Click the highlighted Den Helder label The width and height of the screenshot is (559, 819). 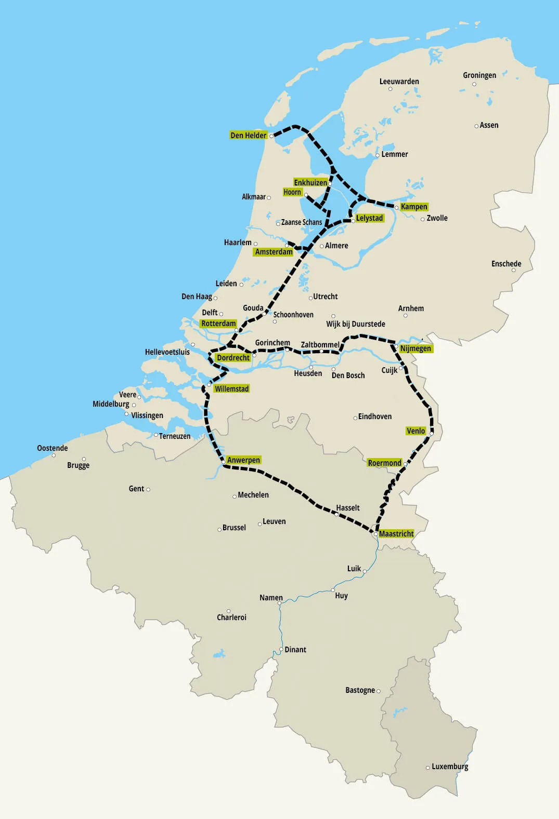248,136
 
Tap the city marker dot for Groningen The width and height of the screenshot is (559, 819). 474,84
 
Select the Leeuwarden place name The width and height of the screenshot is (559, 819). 399,82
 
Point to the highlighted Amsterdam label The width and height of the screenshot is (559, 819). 274,252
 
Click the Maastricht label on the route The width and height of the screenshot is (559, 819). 396,534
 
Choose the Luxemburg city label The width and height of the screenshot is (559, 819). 450,767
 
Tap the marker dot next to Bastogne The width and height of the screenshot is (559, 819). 378,691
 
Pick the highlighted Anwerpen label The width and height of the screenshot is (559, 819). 243,460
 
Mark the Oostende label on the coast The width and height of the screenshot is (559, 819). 52,448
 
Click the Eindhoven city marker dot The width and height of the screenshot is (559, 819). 355,418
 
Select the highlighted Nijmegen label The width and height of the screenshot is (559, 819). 415,348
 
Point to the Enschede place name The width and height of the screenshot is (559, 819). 506,264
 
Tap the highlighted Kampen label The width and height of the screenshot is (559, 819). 414,207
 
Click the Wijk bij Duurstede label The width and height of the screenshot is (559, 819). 356,324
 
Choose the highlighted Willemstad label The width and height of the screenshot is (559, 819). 231,389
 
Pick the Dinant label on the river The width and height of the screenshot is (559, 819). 295,650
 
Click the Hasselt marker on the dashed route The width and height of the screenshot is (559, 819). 336,514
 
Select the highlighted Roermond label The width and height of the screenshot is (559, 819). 384,463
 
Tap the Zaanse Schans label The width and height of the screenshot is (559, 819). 302,222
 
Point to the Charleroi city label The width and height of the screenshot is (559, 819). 231,617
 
